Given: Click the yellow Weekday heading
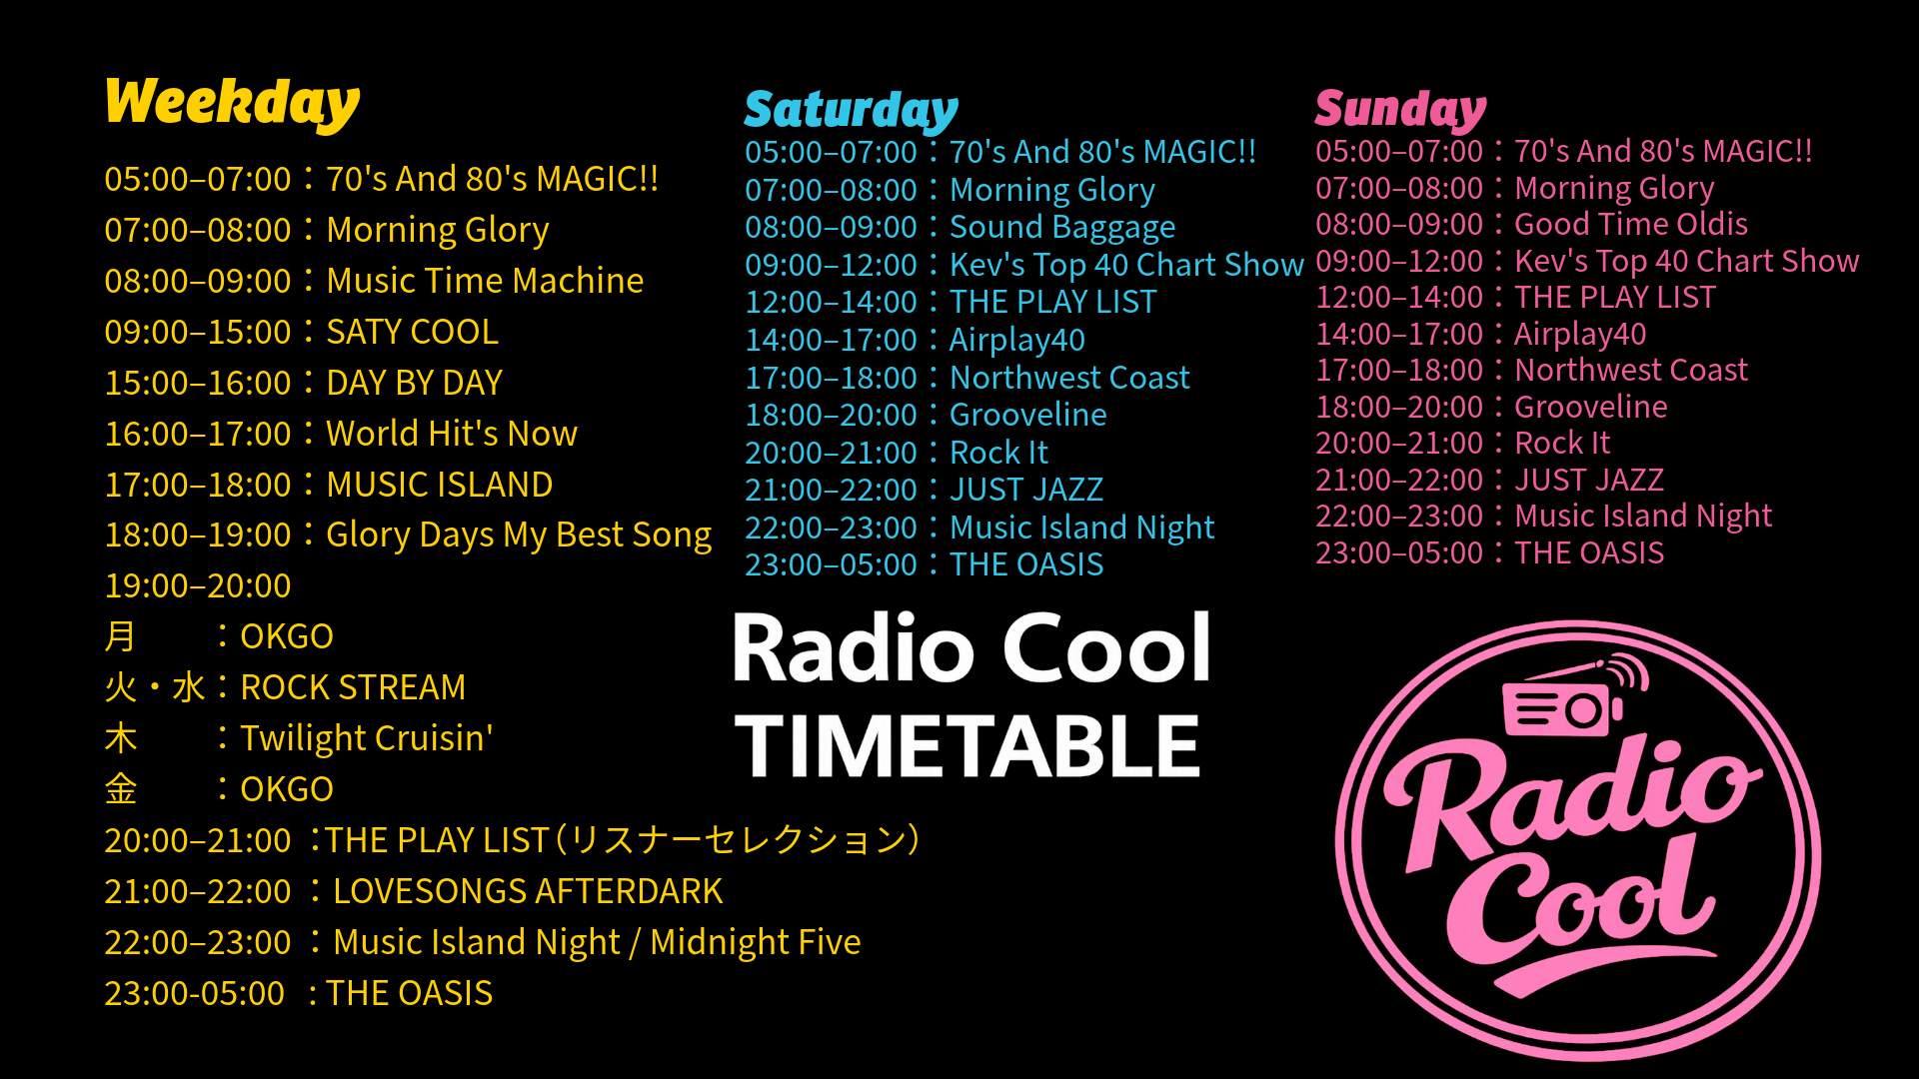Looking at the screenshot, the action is (232, 103).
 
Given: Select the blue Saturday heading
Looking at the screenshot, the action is (851, 110).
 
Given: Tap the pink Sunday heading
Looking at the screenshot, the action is (1400, 109).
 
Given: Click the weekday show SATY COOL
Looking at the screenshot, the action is (412, 332).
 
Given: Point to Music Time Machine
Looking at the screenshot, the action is (485, 281).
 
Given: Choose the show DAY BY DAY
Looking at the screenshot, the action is (414, 383).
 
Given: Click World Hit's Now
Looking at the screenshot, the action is (452, 434).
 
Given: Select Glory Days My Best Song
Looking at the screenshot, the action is (519, 536).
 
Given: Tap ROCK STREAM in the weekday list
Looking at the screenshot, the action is (353, 687).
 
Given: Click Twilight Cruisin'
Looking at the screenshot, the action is (367, 738).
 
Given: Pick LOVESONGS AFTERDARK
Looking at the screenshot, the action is (528, 891).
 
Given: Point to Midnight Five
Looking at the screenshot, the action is (755, 942).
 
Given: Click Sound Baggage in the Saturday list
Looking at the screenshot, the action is (1062, 228).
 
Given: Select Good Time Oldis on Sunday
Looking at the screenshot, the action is (1631, 224).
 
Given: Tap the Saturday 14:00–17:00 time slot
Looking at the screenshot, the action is (831, 341).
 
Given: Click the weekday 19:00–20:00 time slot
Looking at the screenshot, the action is (198, 585).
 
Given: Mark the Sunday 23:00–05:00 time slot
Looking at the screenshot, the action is (1399, 552).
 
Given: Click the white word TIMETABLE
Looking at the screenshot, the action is (966, 746).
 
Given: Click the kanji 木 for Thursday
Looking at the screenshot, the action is (121, 738).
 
